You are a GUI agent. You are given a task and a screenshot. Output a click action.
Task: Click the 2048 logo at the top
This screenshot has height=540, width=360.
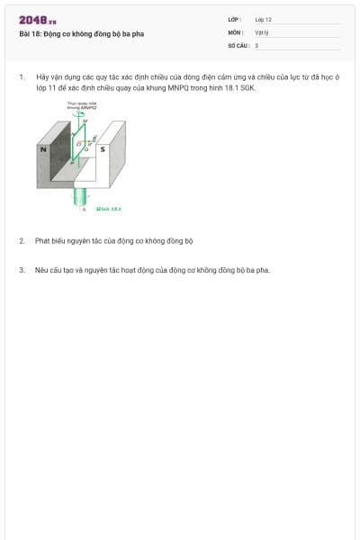pyautogui.click(x=37, y=20)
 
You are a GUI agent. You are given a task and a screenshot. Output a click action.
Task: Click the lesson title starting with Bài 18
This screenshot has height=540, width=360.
pyautogui.click(x=81, y=34)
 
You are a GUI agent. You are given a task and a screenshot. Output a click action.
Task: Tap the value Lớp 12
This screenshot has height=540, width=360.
pyautogui.click(x=263, y=19)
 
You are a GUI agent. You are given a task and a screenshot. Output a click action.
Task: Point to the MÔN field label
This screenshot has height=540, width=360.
pyautogui.click(x=235, y=31)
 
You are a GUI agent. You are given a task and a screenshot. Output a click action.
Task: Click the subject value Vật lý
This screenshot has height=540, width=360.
pyautogui.click(x=261, y=31)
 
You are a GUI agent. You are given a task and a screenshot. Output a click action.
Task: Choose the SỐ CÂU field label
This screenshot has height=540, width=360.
pyautogui.click(x=237, y=45)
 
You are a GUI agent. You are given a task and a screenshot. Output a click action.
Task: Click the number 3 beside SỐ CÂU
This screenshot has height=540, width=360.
pyautogui.click(x=256, y=45)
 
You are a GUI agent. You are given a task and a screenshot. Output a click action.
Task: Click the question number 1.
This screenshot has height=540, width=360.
pyautogui.click(x=21, y=77)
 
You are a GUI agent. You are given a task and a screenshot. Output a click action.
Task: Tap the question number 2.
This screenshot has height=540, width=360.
pyautogui.click(x=21, y=240)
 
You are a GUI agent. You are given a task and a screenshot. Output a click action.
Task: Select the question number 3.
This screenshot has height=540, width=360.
pyautogui.click(x=21, y=269)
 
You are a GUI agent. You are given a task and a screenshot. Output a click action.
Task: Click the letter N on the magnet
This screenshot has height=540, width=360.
pyautogui.click(x=42, y=148)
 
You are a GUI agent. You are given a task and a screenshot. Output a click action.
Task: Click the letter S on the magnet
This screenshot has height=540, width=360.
pyautogui.click(x=103, y=148)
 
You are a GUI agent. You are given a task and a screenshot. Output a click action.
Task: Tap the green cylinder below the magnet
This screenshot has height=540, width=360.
pyautogui.click(x=82, y=195)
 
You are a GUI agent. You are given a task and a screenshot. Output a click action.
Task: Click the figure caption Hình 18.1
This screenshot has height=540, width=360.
pyautogui.click(x=109, y=209)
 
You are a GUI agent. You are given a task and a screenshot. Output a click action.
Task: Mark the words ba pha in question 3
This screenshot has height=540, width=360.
pyautogui.click(x=258, y=269)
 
